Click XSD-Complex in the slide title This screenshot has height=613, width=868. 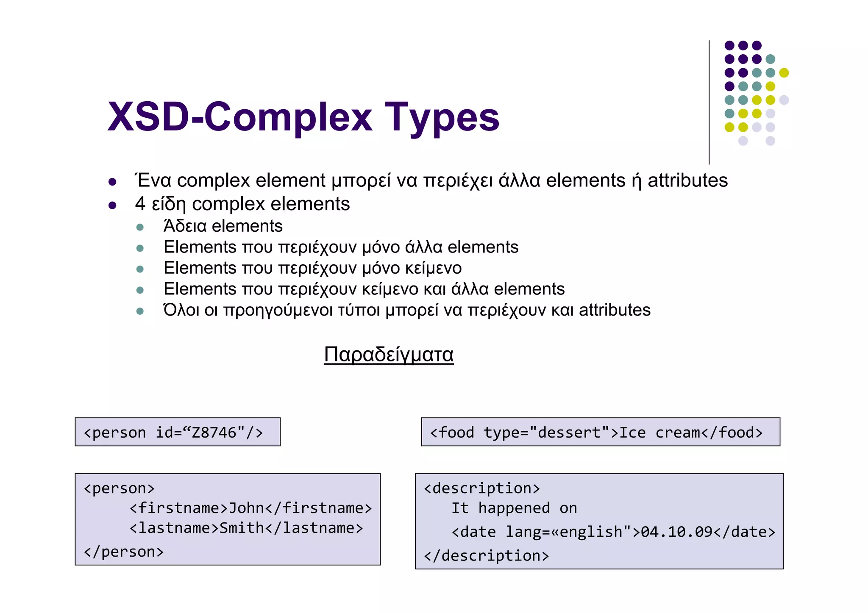(240, 117)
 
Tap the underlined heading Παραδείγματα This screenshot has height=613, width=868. (389, 354)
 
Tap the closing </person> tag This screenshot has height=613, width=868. (123, 552)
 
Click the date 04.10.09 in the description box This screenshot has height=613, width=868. (676, 532)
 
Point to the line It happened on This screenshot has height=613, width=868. (514, 508)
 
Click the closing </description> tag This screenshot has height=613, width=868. (486, 555)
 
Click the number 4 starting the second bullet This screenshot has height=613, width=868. (140, 204)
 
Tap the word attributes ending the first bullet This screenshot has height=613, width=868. (687, 180)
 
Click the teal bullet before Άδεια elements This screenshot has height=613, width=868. (140, 227)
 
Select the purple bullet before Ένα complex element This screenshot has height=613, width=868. (112, 182)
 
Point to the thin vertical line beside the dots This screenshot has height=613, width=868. (709, 102)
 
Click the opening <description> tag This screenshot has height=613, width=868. (482, 488)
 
